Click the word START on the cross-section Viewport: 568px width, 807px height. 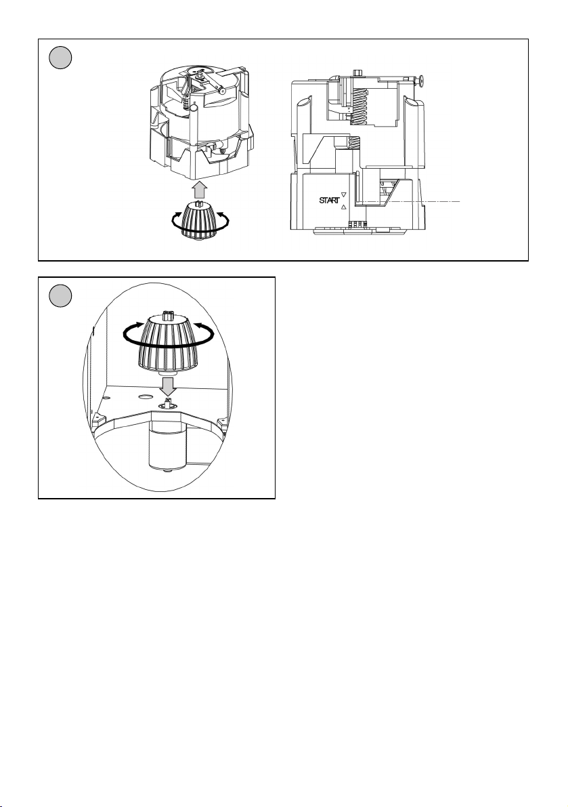[x=329, y=200]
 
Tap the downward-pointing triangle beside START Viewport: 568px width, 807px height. [x=344, y=195]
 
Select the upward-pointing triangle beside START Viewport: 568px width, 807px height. [x=344, y=207]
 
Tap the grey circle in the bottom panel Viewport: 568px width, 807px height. [x=60, y=297]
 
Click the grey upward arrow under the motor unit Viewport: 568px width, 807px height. [x=199, y=190]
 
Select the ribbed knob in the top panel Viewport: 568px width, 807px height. [x=199, y=220]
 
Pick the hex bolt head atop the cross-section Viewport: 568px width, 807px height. [x=358, y=74]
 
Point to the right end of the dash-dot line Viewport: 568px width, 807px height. [x=460, y=202]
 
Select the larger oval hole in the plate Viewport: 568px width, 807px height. [x=146, y=397]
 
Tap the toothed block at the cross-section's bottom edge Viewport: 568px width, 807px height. [x=356, y=225]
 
